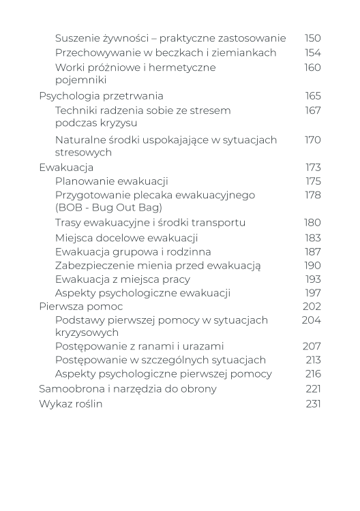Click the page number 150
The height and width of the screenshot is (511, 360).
coord(312,39)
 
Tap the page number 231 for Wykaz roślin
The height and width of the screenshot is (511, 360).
coord(312,403)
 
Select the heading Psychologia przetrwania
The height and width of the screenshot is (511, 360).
coord(101,96)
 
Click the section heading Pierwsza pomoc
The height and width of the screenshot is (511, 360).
coord(80,307)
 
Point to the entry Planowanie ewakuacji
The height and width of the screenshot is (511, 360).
coord(111,181)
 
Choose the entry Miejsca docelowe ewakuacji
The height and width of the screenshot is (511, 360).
coord(126,238)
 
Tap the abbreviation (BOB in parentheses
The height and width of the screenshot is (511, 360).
coord(68,208)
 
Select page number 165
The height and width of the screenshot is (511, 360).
coord(312,96)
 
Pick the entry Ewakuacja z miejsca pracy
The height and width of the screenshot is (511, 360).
coord(122,279)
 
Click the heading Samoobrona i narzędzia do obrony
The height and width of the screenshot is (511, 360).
coord(127,389)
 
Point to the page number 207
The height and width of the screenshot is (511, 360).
coord(312,346)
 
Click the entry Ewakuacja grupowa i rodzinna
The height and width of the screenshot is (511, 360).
coord(130,252)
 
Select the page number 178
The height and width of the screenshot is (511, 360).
coord(312,196)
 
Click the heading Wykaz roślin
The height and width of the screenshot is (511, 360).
coord(71,403)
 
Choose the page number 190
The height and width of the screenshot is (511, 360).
coord(312,266)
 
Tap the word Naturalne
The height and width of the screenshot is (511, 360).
coord(79,140)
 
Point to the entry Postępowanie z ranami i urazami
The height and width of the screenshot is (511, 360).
coord(139,346)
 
